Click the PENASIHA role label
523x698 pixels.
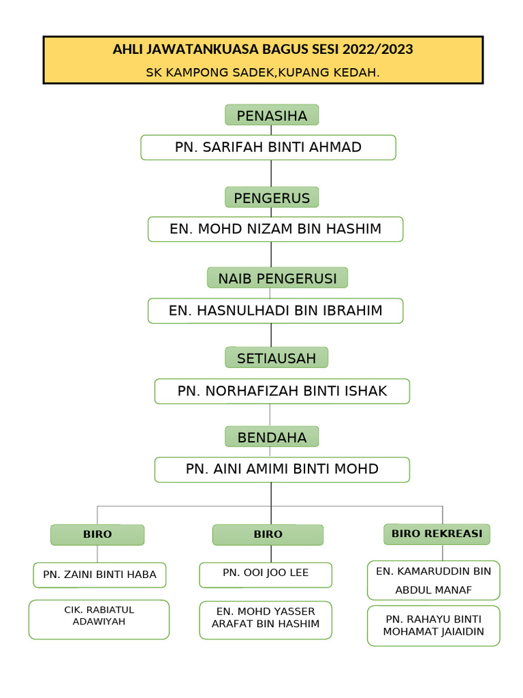click(x=272, y=116)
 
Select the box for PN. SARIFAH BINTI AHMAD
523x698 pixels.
click(x=268, y=147)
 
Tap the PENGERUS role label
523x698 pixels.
click(x=272, y=198)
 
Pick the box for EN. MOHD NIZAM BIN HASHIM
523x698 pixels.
click(x=275, y=229)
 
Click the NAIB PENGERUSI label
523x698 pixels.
click(x=277, y=278)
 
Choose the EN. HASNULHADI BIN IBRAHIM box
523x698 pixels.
click(x=275, y=311)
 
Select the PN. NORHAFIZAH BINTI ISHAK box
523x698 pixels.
click(x=282, y=391)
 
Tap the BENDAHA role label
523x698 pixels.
click(x=272, y=437)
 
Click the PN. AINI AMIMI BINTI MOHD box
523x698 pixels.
click(x=282, y=470)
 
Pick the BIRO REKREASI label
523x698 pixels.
click(x=437, y=534)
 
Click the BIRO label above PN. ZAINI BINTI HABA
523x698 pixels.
click(x=97, y=534)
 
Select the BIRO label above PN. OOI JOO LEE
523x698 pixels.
click(x=268, y=534)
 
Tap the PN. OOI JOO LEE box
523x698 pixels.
click(x=266, y=575)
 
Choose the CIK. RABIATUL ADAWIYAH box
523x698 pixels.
click(x=99, y=619)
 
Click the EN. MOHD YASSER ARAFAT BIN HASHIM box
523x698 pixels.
click(x=266, y=620)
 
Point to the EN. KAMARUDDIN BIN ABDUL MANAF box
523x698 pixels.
click(x=433, y=580)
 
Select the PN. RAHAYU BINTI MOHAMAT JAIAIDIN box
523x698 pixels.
click(x=433, y=626)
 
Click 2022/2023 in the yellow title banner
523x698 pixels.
click(x=378, y=50)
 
